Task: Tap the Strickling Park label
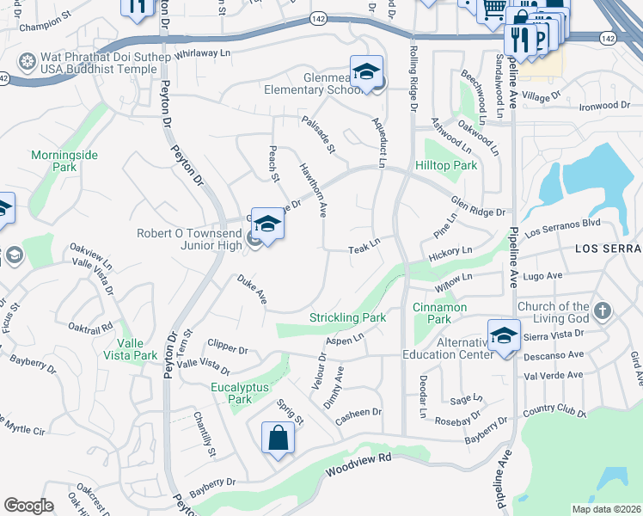(348, 318)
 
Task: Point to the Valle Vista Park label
(132, 349)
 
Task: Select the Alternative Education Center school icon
(504, 333)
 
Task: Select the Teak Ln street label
(364, 248)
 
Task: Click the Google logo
(28, 506)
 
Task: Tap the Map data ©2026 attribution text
(605, 509)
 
